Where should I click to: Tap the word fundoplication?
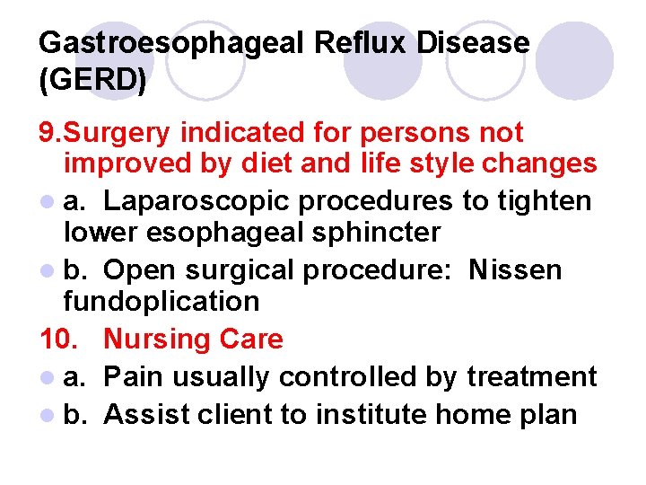pos(161,302)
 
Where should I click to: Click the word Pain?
pos(133,376)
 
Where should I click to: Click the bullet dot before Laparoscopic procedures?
pos(46,201)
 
